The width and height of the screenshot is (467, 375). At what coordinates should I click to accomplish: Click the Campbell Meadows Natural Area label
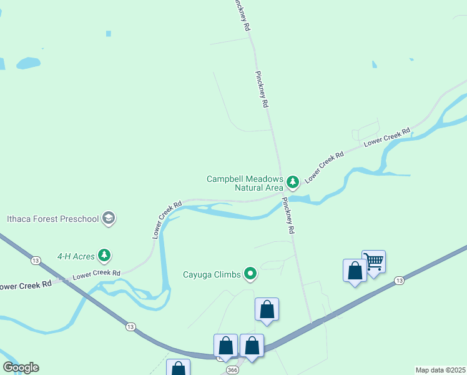tap(245, 182)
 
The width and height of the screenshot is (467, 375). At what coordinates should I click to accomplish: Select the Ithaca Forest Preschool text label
tap(53, 219)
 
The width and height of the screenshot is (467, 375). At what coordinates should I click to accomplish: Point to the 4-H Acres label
tap(75, 256)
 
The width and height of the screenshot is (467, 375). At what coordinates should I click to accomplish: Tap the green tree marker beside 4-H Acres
tap(105, 255)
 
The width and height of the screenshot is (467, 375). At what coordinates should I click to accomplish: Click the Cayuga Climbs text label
tap(212, 274)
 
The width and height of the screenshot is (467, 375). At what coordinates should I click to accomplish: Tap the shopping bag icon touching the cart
tap(355, 271)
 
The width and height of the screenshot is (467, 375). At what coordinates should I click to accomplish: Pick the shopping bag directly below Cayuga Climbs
tap(267, 309)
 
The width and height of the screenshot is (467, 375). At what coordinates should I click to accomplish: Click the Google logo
tap(21, 367)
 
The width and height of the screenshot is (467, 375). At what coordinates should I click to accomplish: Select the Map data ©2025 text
tap(440, 370)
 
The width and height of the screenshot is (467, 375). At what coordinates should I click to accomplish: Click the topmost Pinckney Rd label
tap(241, 16)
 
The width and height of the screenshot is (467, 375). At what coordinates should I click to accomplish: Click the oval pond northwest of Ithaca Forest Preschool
tap(28, 63)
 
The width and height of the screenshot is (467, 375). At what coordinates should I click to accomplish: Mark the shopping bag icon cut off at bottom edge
tap(178, 368)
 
